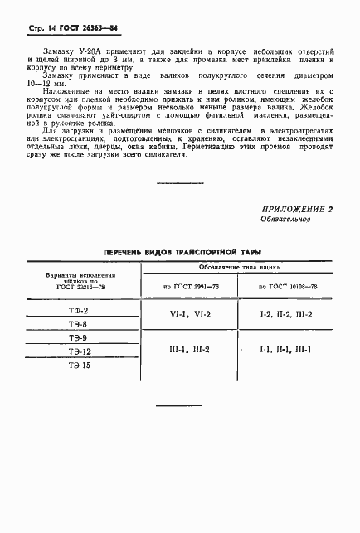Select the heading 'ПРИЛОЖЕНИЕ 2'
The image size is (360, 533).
(296, 233)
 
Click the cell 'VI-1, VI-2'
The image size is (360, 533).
(191, 315)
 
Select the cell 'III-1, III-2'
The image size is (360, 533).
(191, 350)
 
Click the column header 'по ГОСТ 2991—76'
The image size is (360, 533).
(191, 286)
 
